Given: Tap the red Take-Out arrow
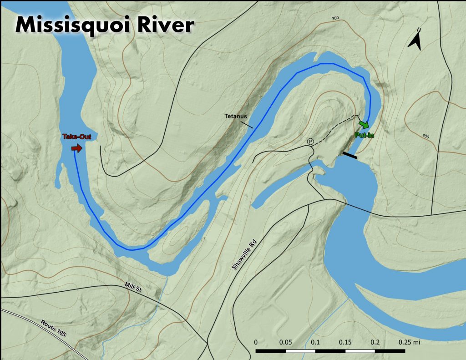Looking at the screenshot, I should pyautogui.click(x=77, y=148).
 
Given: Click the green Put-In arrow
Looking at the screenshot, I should pyautogui.click(x=363, y=124).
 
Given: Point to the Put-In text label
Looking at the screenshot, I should pyautogui.click(x=364, y=135).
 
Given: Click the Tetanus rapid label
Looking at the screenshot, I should pyautogui.click(x=235, y=116).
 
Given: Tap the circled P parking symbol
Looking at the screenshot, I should pyautogui.click(x=310, y=142).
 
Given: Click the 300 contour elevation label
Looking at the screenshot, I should pyautogui.click(x=336, y=18).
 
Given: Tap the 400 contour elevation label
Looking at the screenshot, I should pyautogui.click(x=425, y=136).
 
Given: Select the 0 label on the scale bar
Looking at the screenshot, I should pyautogui.click(x=256, y=342).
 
